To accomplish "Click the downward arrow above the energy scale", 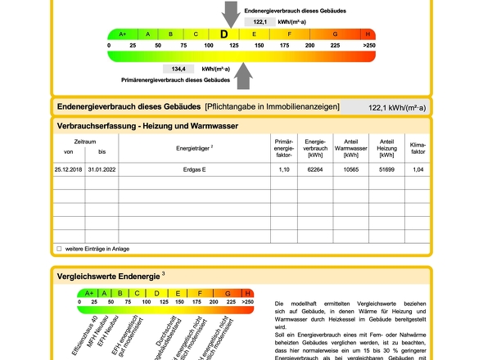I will pos(232,14).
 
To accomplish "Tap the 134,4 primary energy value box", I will pos(178,70).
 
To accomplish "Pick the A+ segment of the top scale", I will pos(123,34).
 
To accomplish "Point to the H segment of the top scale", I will pos(368,34).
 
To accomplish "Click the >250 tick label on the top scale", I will pos(368,46).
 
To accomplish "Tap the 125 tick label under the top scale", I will pos(233,46).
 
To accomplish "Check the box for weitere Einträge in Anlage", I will pos(59,248).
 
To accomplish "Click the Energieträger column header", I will pos(195,147).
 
